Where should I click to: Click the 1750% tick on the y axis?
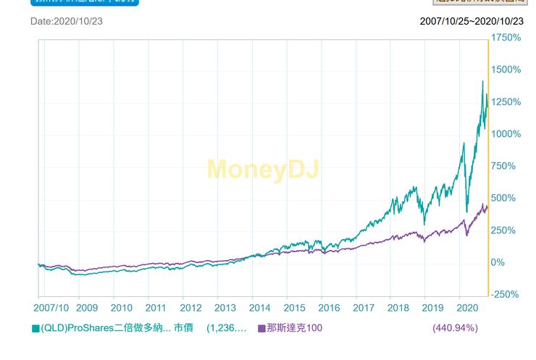click(506, 38)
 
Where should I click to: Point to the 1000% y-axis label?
click(506, 134)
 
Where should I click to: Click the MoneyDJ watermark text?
click(262, 169)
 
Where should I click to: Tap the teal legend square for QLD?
click(35, 329)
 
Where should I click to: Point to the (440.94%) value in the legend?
click(455, 328)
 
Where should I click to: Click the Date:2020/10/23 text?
click(66, 21)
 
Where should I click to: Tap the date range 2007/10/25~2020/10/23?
click(472, 21)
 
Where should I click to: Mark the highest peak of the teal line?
click(482, 81)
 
